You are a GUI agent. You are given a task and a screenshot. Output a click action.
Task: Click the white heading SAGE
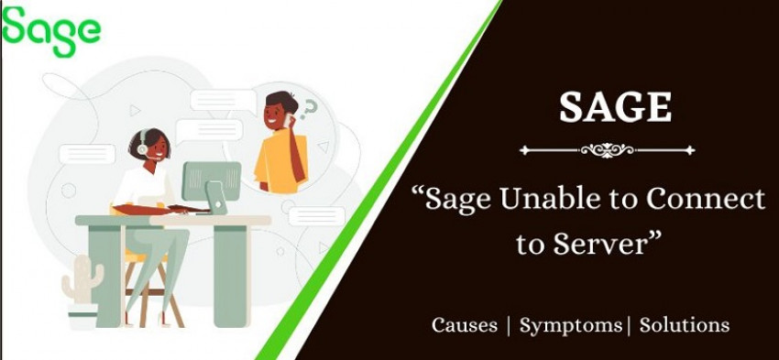615,106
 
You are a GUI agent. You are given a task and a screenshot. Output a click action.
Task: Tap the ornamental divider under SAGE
607,149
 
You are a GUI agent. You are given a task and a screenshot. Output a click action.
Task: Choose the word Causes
465,325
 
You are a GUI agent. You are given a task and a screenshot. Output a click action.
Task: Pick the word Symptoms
572,325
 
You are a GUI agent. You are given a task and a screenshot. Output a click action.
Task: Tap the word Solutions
685,325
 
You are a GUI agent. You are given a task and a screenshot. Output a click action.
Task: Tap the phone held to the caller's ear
288,120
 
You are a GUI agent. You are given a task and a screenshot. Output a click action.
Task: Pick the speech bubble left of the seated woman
87,154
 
